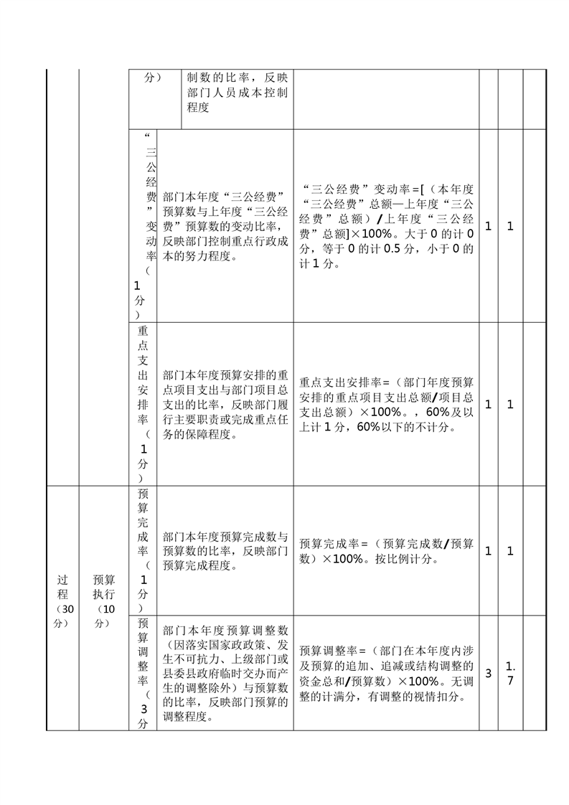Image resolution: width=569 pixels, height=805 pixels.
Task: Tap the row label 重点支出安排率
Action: (143, 404)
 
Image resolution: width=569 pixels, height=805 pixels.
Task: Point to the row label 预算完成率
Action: (143, 550)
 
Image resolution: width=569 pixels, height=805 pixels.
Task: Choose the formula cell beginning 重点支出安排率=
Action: (386, 404)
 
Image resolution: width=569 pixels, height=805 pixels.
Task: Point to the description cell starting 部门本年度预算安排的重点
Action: (225, 404)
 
